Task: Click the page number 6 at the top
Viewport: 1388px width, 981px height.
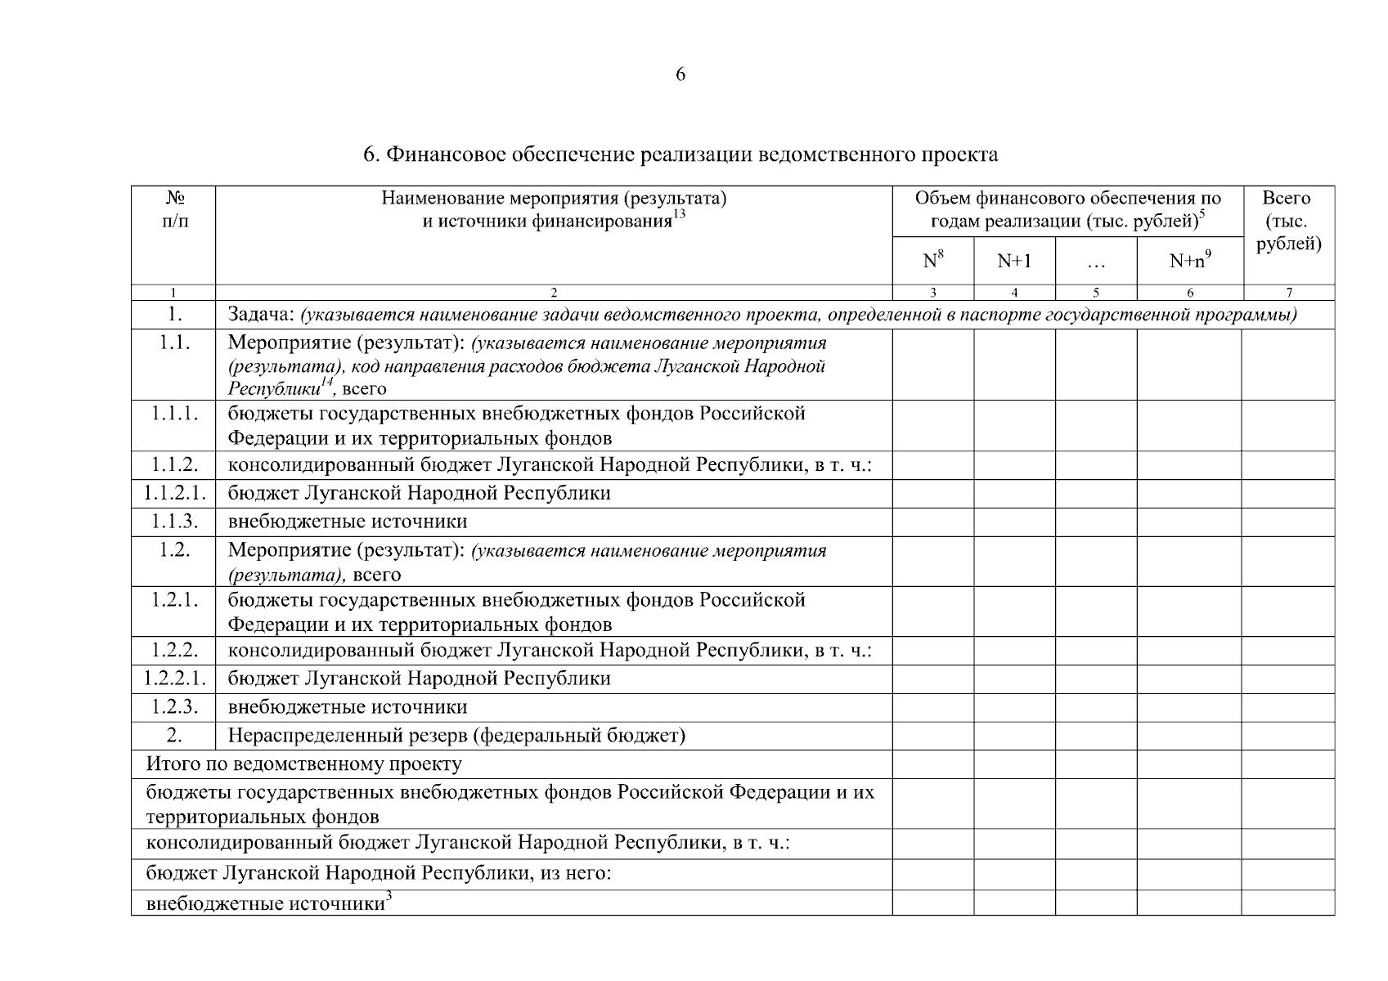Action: tap(681, 75)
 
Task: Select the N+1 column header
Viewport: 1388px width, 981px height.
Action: tap(1014, 261)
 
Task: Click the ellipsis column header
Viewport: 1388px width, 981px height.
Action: tap(1096, 263)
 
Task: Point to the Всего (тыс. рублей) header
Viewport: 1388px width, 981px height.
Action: tap(1288, 221)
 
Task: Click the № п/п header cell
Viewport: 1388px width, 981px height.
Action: tap(174, 209)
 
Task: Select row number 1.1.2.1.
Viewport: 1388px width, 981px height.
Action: tap(174, 493)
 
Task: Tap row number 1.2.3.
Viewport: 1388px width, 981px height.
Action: tap(174, 707)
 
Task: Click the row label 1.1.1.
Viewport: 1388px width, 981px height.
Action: tap(174, 414)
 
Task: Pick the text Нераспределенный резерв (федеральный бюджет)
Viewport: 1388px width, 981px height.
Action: tap(456, 736)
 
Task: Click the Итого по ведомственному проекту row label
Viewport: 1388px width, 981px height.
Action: tap(303, 764)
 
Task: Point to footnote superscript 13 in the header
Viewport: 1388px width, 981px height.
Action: tap(678, 215)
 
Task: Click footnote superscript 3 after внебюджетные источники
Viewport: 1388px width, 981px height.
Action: tap(389, 898)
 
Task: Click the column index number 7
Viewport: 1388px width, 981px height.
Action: tap(1289, 293)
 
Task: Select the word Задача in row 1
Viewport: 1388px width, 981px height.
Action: tap(260, 315)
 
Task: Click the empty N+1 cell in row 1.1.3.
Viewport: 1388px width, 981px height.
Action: tap(1014, 522)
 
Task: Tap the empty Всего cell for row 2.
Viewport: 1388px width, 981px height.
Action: tap(1288, 736)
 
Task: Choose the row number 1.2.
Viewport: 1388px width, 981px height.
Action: tap(174, 550)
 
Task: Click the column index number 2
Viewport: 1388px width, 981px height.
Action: tap(554, 293)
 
